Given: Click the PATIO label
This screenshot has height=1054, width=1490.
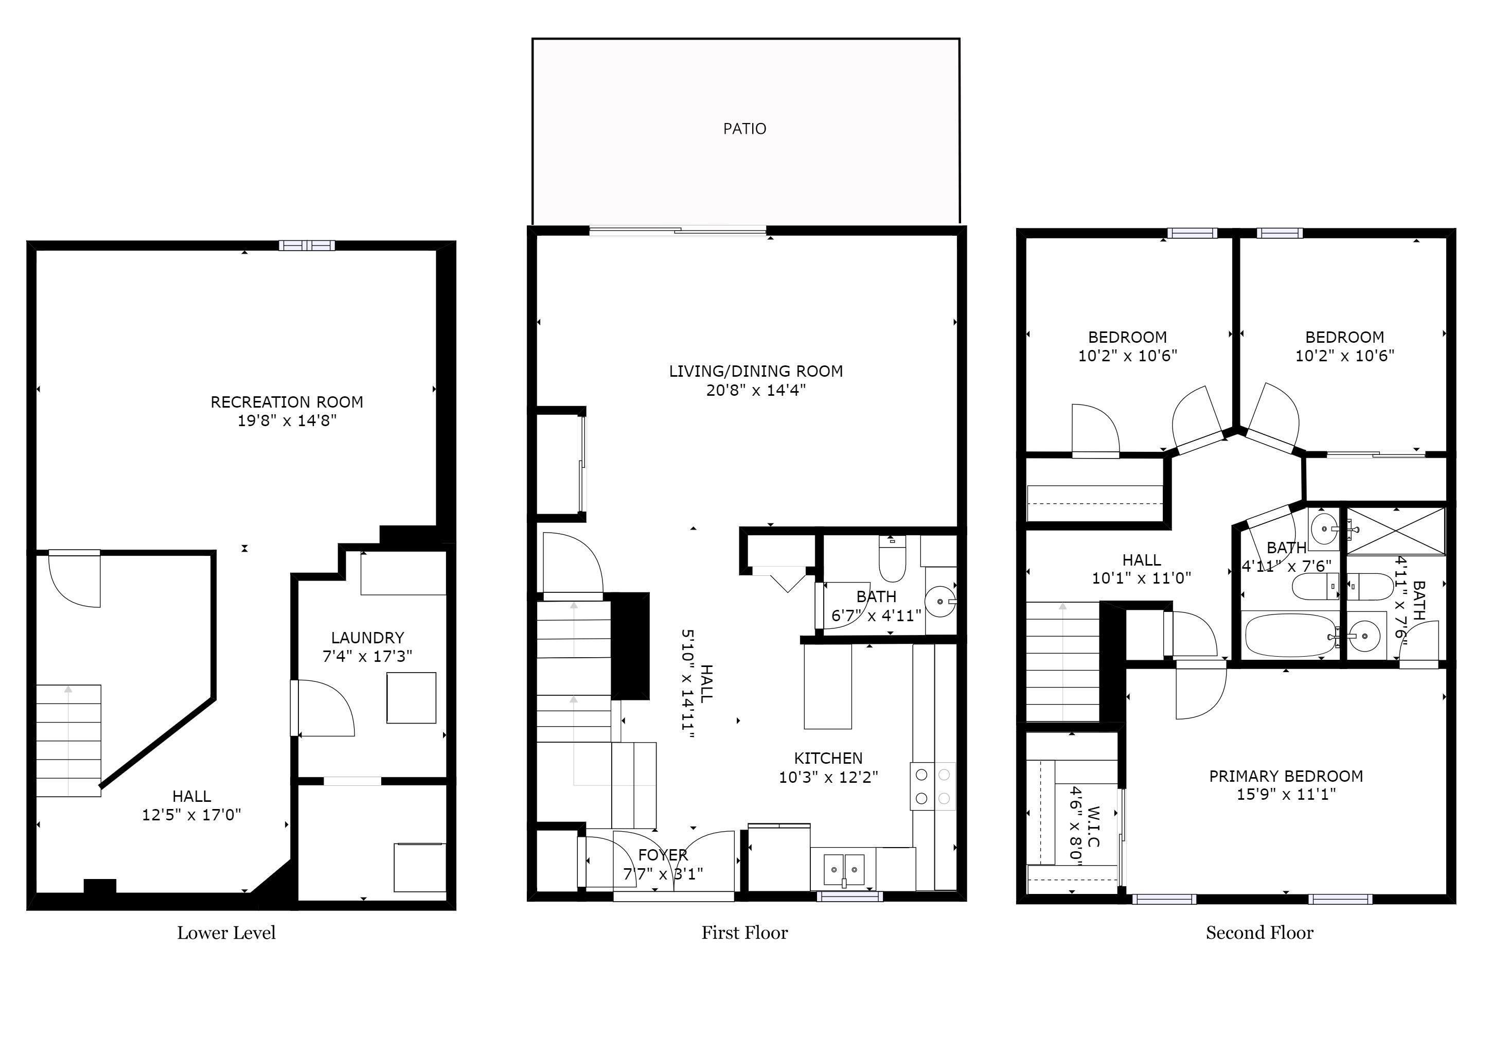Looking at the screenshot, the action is (744, 129).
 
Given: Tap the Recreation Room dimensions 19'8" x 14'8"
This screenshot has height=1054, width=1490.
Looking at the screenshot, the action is (287, 420).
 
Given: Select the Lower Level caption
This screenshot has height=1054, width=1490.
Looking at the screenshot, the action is (226, 933).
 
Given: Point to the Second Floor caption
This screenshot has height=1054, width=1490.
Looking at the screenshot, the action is (1260, 933).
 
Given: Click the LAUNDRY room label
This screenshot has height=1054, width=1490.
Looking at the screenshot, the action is (367, 638).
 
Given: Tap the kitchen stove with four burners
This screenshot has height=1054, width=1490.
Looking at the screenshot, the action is (933, 786).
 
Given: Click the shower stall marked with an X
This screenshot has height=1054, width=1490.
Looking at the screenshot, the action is (1396, 532).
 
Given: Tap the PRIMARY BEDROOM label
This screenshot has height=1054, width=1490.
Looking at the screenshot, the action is (1286, 776).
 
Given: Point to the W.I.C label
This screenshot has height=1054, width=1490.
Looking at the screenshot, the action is (1092, 827).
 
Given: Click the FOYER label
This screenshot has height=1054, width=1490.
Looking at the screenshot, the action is (663, 855).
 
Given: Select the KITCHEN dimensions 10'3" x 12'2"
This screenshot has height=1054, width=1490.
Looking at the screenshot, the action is (828, 777).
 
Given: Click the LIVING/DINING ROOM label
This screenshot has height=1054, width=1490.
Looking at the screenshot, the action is (756, 371).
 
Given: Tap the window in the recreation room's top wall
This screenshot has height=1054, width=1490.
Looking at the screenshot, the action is (307, 245).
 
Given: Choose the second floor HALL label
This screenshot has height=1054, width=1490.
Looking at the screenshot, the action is (1142, 560).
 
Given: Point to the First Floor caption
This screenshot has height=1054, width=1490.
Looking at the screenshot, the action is (744, 933).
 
